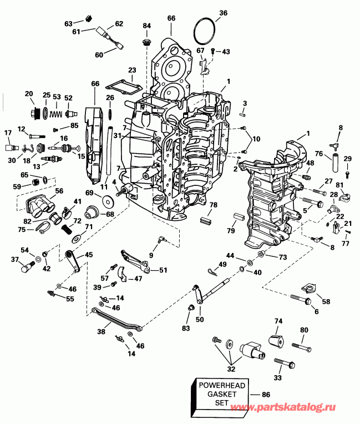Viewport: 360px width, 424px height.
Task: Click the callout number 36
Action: pos(223,13)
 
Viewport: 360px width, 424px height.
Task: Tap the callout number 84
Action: pos(146,26)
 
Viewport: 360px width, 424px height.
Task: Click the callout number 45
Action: pos(88,255)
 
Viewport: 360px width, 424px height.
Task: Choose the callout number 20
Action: pos(29,94)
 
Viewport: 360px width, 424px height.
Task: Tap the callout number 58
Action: pos(325,301)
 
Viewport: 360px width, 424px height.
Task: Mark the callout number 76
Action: pos(320,154)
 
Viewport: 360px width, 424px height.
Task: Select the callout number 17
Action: pos(8,133)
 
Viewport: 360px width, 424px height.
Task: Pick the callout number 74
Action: pos(278,321)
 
